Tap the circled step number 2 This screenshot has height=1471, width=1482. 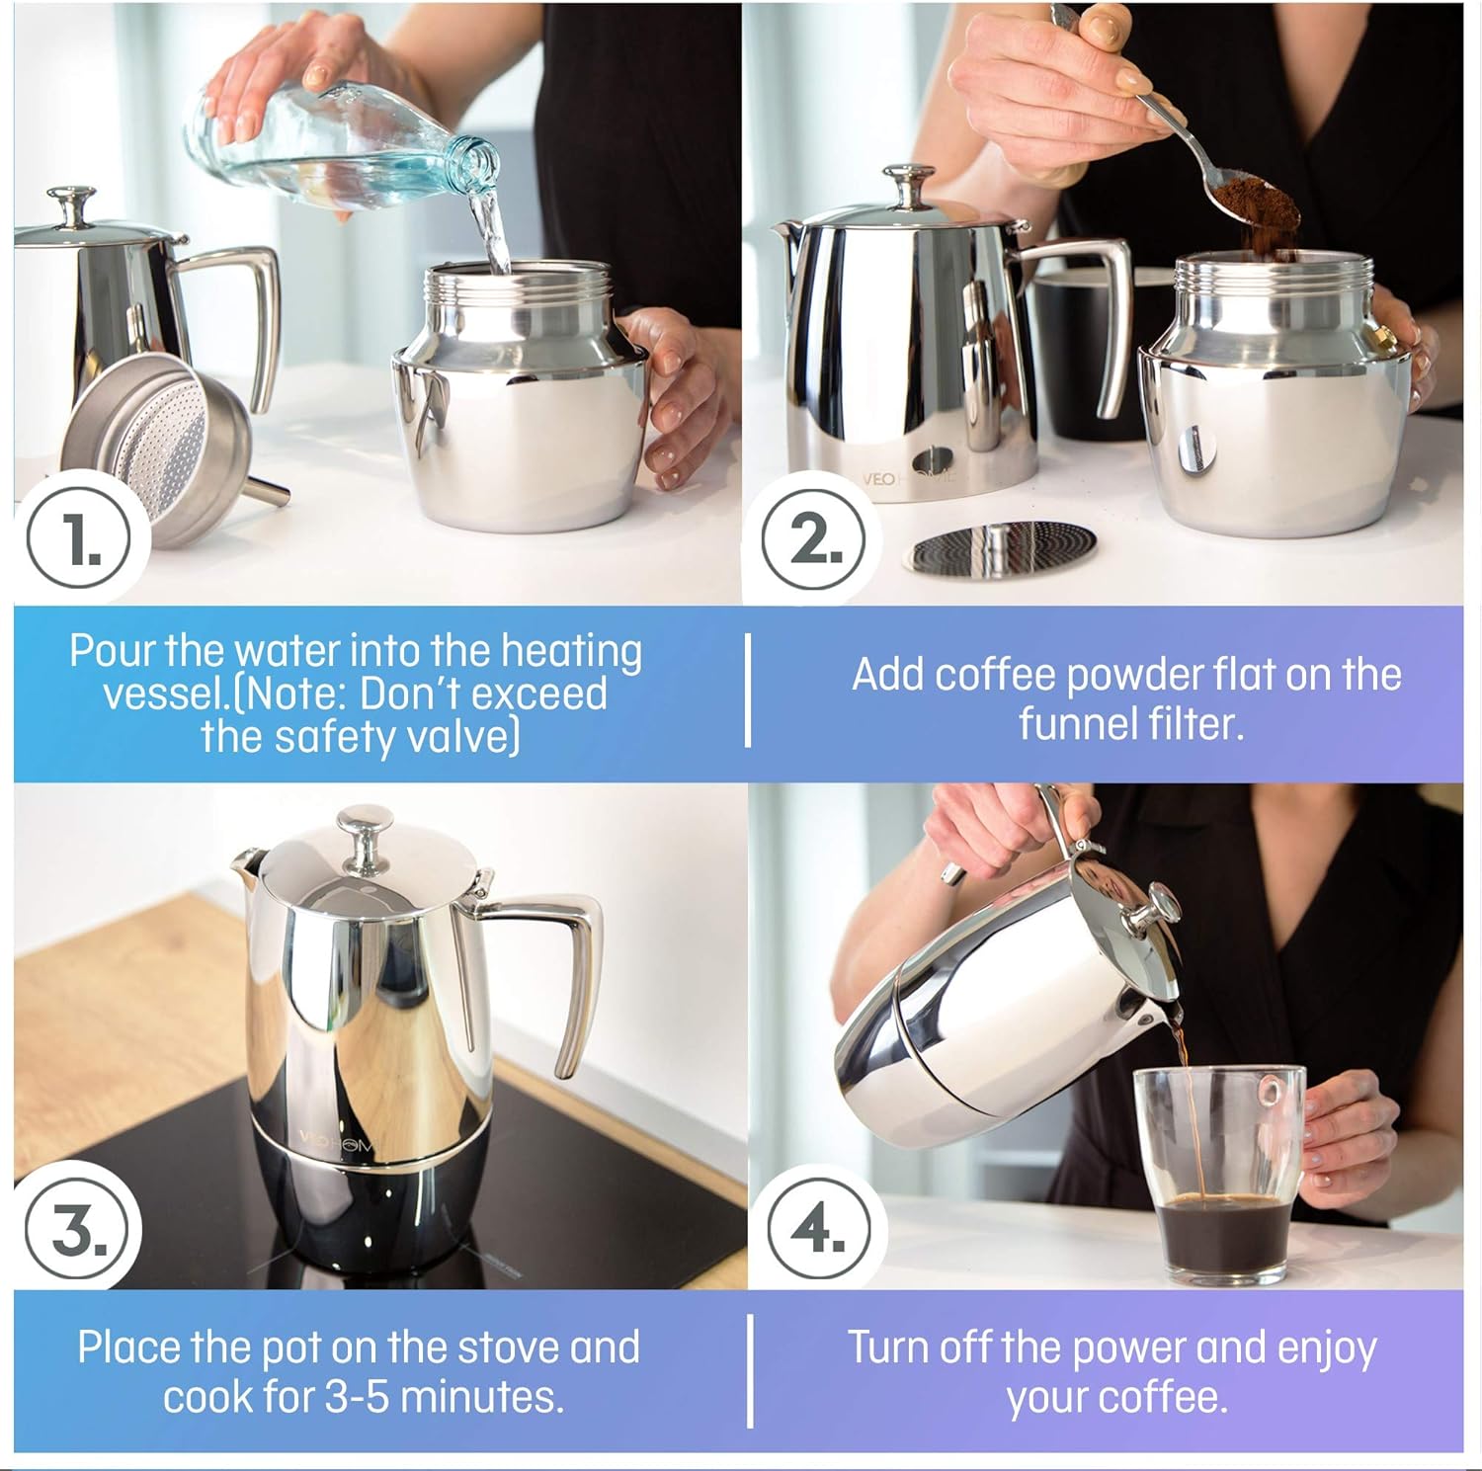coord(813,540)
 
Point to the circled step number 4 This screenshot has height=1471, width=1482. coord(819,1231)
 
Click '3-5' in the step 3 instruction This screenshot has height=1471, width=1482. coord(360,1396)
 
